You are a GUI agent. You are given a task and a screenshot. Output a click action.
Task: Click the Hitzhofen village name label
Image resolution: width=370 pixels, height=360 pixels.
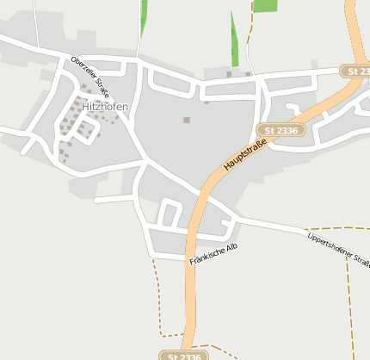[x=105, y=106]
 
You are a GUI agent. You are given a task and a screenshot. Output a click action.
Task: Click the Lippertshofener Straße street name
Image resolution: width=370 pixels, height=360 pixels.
[x=339, y=249]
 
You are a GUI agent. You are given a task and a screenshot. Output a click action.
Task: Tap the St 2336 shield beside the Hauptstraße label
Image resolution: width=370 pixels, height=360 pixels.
[x=281, y=130]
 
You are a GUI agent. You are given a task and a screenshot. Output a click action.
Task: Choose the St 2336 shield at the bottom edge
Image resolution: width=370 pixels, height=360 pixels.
[x=183, y=355]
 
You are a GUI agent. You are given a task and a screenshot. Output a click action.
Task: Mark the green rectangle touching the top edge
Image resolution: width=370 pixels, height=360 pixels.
[x=265, y=5]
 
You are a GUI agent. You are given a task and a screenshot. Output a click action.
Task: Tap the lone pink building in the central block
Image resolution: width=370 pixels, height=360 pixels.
[x=186, y=120]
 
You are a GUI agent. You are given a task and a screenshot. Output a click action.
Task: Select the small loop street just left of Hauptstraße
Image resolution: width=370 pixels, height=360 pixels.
[x=170, y=212]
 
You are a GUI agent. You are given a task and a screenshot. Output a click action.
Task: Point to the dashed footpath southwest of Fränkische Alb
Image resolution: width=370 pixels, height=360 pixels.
[x=158, y=297]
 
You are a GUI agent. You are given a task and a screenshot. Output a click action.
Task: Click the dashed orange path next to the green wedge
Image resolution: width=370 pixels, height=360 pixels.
[x=248, y=43]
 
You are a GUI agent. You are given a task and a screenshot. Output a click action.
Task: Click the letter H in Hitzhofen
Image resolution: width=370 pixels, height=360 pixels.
[x=86, y=106]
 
